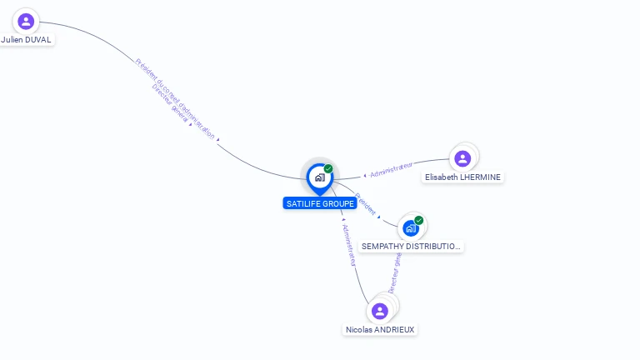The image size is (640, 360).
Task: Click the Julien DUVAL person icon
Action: click(x=26, y=22)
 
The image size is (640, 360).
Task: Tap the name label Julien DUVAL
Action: click(x=26, y=39)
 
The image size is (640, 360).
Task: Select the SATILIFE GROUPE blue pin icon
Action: click(x=319, y=177)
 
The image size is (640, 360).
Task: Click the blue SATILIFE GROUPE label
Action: click(x=319, y=203)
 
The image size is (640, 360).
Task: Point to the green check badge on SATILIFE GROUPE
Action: click(x=328, y=168)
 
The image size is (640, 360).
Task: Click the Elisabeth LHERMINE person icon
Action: click(x=462, y=158)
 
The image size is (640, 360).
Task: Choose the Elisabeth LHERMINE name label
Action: click(x=463, y=177)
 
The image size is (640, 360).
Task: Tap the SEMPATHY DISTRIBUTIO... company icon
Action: click(x=410, y=227)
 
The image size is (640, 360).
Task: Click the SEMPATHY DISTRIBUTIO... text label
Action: click(x=411, y=247)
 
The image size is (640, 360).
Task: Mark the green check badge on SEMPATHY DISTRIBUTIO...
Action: click(x=419, y=220)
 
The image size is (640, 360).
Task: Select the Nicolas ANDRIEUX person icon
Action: click(x=380, y=311)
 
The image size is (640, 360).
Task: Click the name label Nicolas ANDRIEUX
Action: click(x=380, y=329)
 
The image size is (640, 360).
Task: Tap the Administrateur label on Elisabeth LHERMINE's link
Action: click(x=392, y=171)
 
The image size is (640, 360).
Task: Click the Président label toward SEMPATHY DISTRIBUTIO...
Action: click(x=366, y=205)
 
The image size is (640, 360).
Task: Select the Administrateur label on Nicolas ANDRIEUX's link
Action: click(x=349, y=245)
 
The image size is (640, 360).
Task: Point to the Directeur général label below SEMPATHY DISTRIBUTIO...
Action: click(x=395, y=272)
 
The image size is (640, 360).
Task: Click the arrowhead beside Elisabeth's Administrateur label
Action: click(x=365, y=176)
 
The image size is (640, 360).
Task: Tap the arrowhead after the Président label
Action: click(x=379, y=217)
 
